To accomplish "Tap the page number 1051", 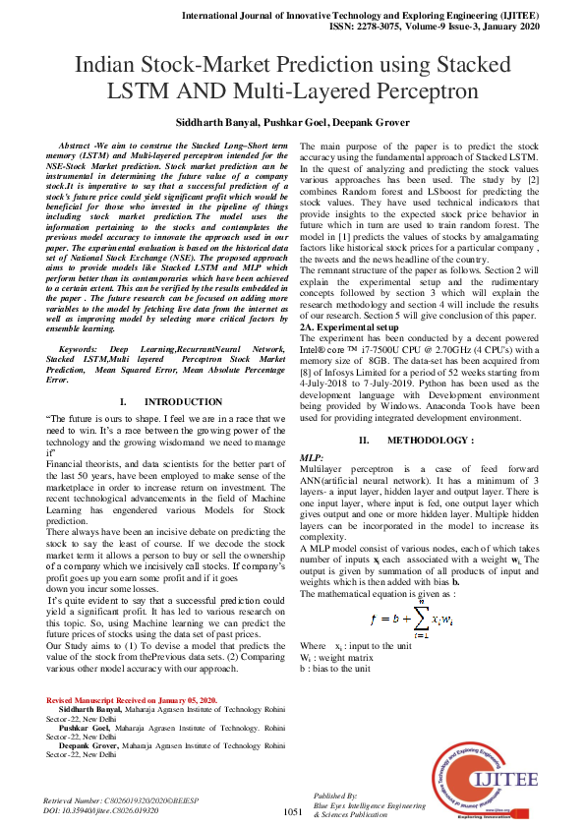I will (x=292, y=811).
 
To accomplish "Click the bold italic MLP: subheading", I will (x=312, y=458).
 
